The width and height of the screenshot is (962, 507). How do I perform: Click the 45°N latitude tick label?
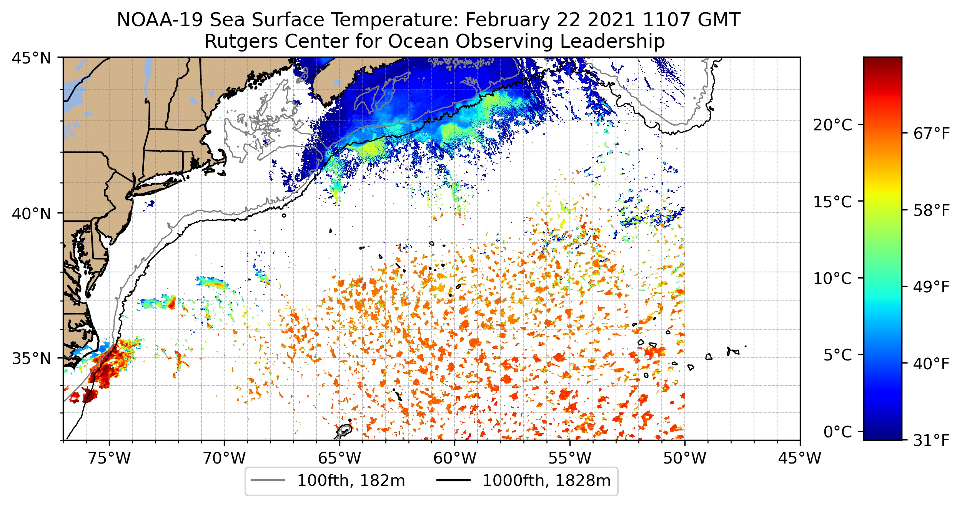pos(32,58)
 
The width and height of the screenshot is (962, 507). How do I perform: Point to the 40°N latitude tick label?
pos(32,213)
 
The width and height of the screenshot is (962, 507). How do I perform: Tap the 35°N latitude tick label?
pos(32,359)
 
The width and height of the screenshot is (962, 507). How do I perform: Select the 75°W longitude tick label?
pos(109,458)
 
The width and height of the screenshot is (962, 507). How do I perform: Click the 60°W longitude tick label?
pos(454,458)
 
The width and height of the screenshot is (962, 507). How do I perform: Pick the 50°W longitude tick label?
pos(685,458)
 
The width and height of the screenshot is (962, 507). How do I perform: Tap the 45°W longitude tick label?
pos(800,458)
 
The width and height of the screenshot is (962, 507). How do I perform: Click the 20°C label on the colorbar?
pos(832,125)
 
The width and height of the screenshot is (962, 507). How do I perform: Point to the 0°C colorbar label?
pos(837,432)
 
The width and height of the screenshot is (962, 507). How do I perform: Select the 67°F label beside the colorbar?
pos(932,134)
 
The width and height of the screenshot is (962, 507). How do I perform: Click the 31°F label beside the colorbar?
pos(932,440)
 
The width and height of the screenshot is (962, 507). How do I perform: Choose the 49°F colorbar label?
pos(932,287)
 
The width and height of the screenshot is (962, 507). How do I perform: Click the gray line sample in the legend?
pos(268,480)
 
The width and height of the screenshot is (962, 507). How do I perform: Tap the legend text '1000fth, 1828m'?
pos(546,481)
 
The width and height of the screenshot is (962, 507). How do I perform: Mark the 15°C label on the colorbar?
pos(832,202)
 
